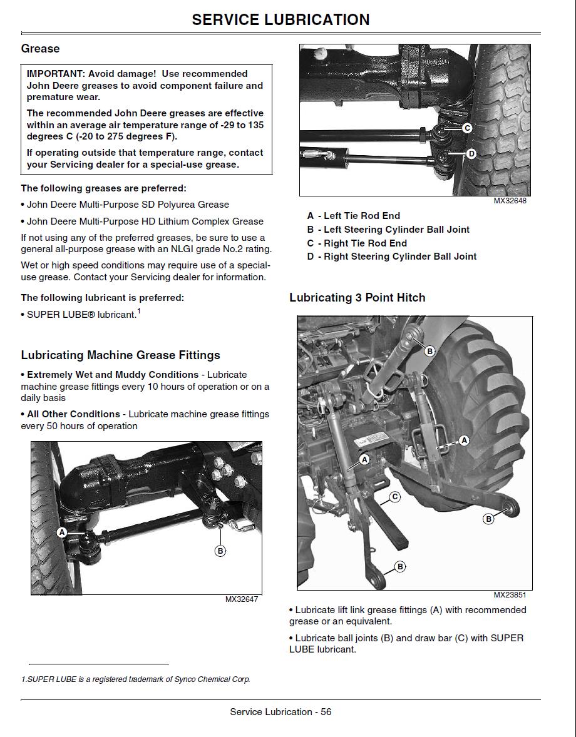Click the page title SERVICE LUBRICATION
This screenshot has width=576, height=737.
(x=280, y=19)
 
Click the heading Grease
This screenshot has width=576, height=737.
(x=40, y=49)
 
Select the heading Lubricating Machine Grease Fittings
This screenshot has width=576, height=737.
(x=120, y=355)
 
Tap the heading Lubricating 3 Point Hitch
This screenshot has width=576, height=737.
(x=357, y=298)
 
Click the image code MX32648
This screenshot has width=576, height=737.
(x=510, y=201)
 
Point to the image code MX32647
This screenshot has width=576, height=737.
(x=242, y=599)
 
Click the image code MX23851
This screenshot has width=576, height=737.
(x=510, y=595)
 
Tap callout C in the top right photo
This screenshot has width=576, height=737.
(x=466, y=128)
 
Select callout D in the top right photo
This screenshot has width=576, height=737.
(x=471, y=153)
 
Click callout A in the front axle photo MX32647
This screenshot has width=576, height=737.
(x=61, y=532)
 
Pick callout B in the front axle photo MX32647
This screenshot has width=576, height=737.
(x=220, y=551)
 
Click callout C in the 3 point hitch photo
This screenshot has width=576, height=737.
(x=394, y=497)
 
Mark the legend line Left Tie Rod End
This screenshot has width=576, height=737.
(x=354, y=216)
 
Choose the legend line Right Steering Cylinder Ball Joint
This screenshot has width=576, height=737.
(x=392, y=257)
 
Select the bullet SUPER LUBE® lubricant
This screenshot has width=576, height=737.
(x=81, y=315)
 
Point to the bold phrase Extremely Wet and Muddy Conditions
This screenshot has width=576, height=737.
(x=113, y=375)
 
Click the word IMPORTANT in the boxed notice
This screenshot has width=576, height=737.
(x=53, y=74)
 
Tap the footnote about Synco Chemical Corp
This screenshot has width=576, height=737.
(x=135, y=679)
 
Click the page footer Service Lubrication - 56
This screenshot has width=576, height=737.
(x=280, y=712)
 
